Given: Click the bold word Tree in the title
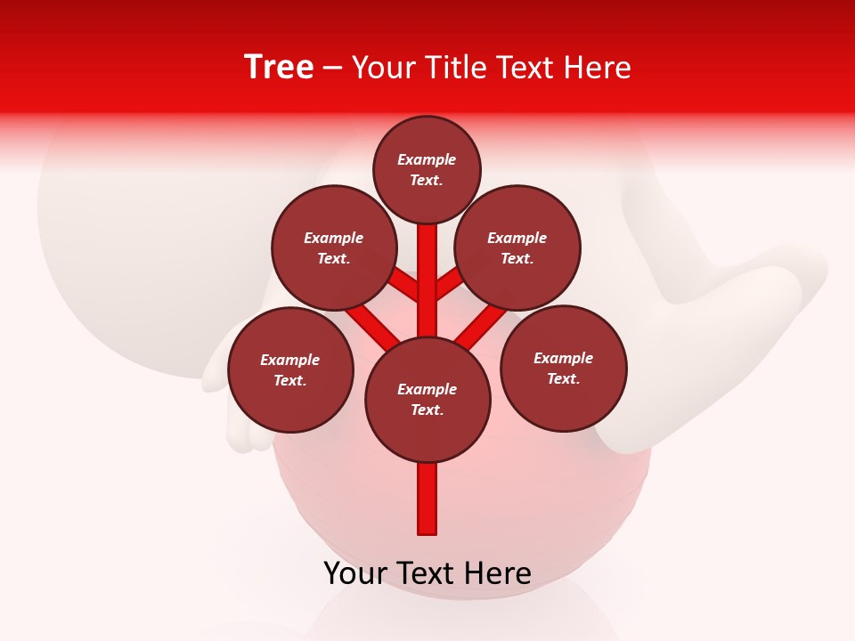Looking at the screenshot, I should coord(279,68).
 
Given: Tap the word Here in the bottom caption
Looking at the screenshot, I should coord(504,573).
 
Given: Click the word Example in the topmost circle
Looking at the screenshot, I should coord(427,160).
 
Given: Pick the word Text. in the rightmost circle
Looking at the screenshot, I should coord(564,378).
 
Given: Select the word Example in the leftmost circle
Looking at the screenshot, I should coord(290,361).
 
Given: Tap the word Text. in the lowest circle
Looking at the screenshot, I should coord(427,410).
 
